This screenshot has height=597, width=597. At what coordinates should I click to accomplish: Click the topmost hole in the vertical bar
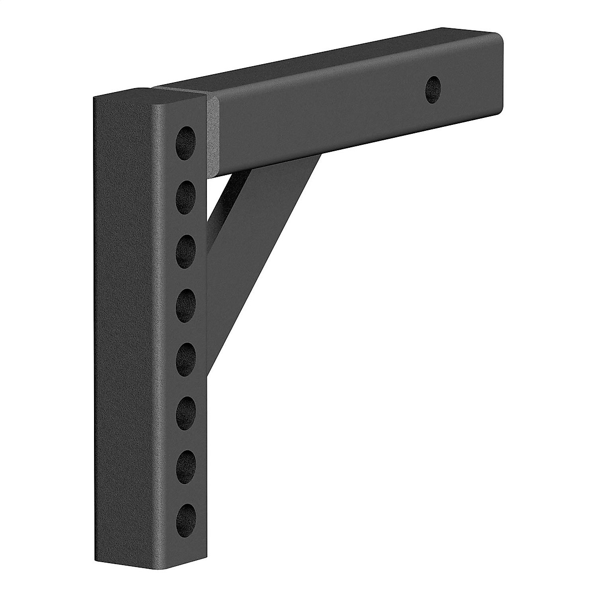point(187,136)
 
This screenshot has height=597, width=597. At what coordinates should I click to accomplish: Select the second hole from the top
point(187,191)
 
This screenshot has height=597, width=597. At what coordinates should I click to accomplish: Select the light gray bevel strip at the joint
point(213,137)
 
